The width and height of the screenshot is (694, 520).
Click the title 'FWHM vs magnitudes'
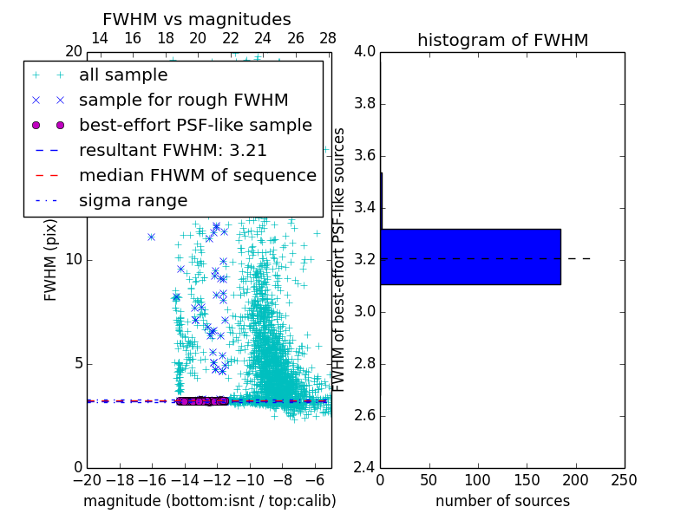point(197,19)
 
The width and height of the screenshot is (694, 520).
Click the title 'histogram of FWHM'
point(502,40)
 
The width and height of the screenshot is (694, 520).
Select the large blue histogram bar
point(470,257)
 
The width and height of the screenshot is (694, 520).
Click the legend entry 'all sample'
point(123,75)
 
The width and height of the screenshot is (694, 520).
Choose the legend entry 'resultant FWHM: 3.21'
point(173,150)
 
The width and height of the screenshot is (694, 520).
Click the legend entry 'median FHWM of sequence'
point(197,175)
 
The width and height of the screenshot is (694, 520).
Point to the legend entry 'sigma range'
point(133,200)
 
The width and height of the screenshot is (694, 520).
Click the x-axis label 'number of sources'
point(502,501)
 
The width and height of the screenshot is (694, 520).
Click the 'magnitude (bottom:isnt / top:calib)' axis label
point(209,501)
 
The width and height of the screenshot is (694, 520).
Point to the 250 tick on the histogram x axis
point(624,480)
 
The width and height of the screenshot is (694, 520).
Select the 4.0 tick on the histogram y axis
point(364,52)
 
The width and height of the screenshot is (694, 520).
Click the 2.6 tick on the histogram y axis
point(364,416)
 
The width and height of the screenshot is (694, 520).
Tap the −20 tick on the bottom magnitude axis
point(87,480)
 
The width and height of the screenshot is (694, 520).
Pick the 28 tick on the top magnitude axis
point(328,38)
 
